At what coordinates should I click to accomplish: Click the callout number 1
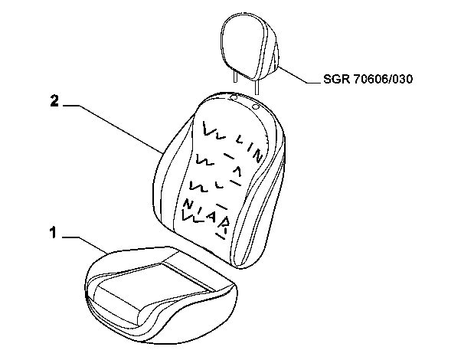[x=53, y=232]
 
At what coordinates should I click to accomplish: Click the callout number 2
[x=54, y=100]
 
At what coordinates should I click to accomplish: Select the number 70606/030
[x=383, y=79]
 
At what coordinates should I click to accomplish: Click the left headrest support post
[x=235, y=76]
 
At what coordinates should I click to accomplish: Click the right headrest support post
[x=257, y=87]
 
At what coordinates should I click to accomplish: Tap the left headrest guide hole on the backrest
[x=234, y=97]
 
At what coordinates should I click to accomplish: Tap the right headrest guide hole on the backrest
[x=256, y=106]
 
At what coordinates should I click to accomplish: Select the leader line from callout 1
[x=85, y=244]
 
